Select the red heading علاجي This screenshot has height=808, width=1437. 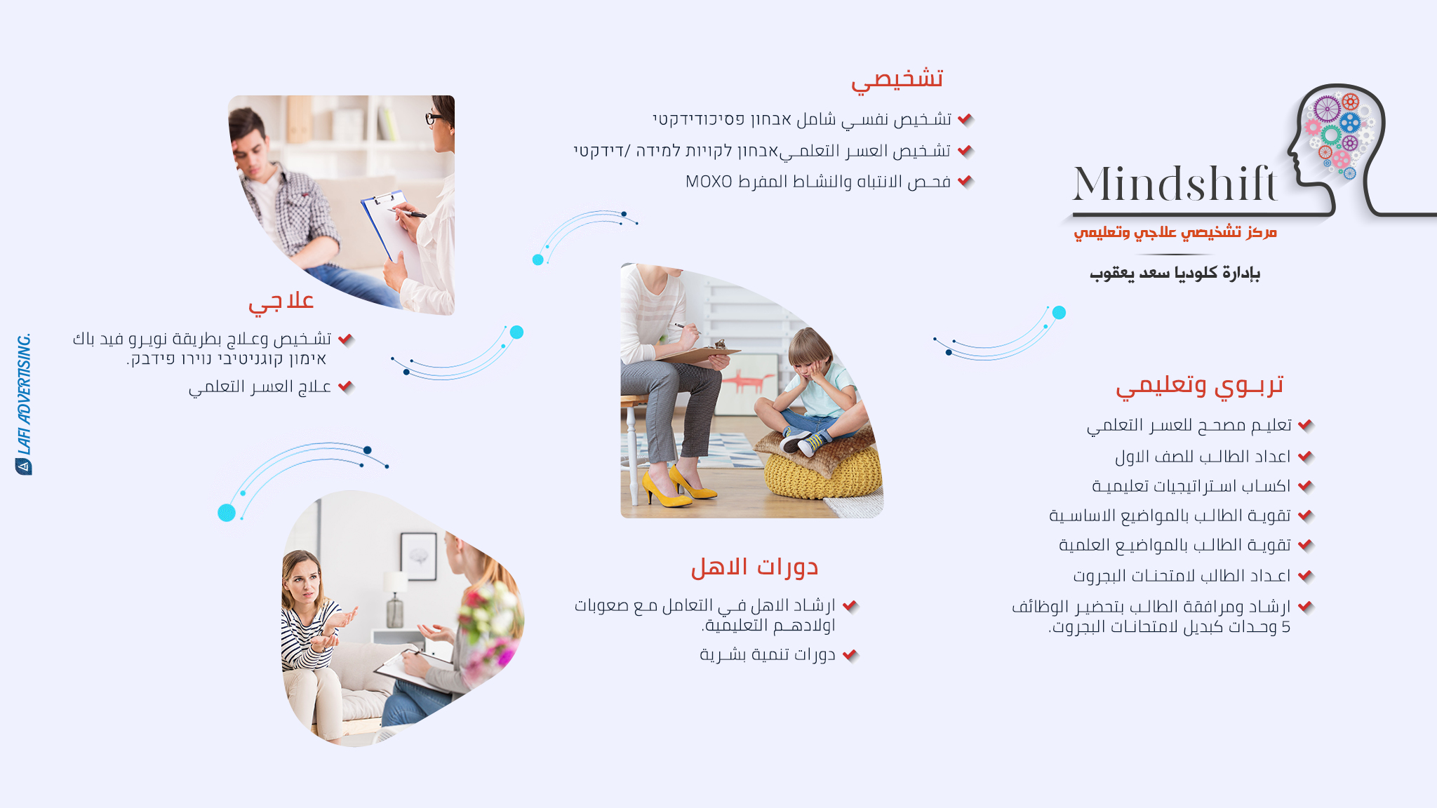[x=281, y=302]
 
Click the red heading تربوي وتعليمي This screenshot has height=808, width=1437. [x=1200, y=386]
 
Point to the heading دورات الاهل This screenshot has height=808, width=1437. [x=755, y=567]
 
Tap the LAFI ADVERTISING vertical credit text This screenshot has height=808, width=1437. [x=24, y=404]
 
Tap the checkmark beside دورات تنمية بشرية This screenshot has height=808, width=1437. [x=850, y=655]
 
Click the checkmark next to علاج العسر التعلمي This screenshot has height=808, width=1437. [x=345, y=386]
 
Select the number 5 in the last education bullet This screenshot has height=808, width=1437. [x=1285, y=627]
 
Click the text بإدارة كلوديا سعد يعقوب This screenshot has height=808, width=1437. [x=1175, y=273]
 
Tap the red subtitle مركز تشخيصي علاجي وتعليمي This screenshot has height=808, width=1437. [x=1175, y=232]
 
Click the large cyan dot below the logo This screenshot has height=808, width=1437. [x=1059, y=313]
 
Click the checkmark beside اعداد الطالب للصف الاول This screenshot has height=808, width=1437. [x=1305, y=457]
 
